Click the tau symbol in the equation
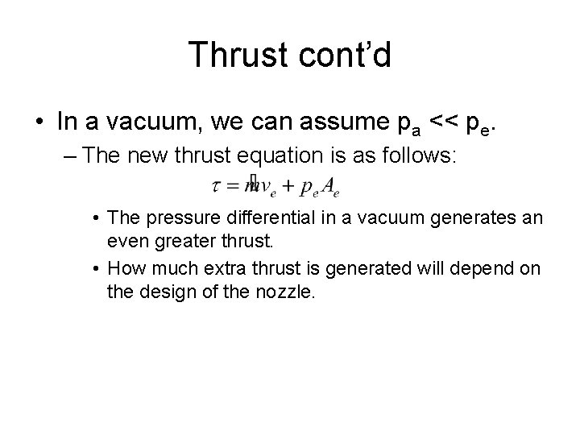(217, 187)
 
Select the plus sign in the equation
(288, 187)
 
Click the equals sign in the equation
(232, 187)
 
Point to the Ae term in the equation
(330, 188)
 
